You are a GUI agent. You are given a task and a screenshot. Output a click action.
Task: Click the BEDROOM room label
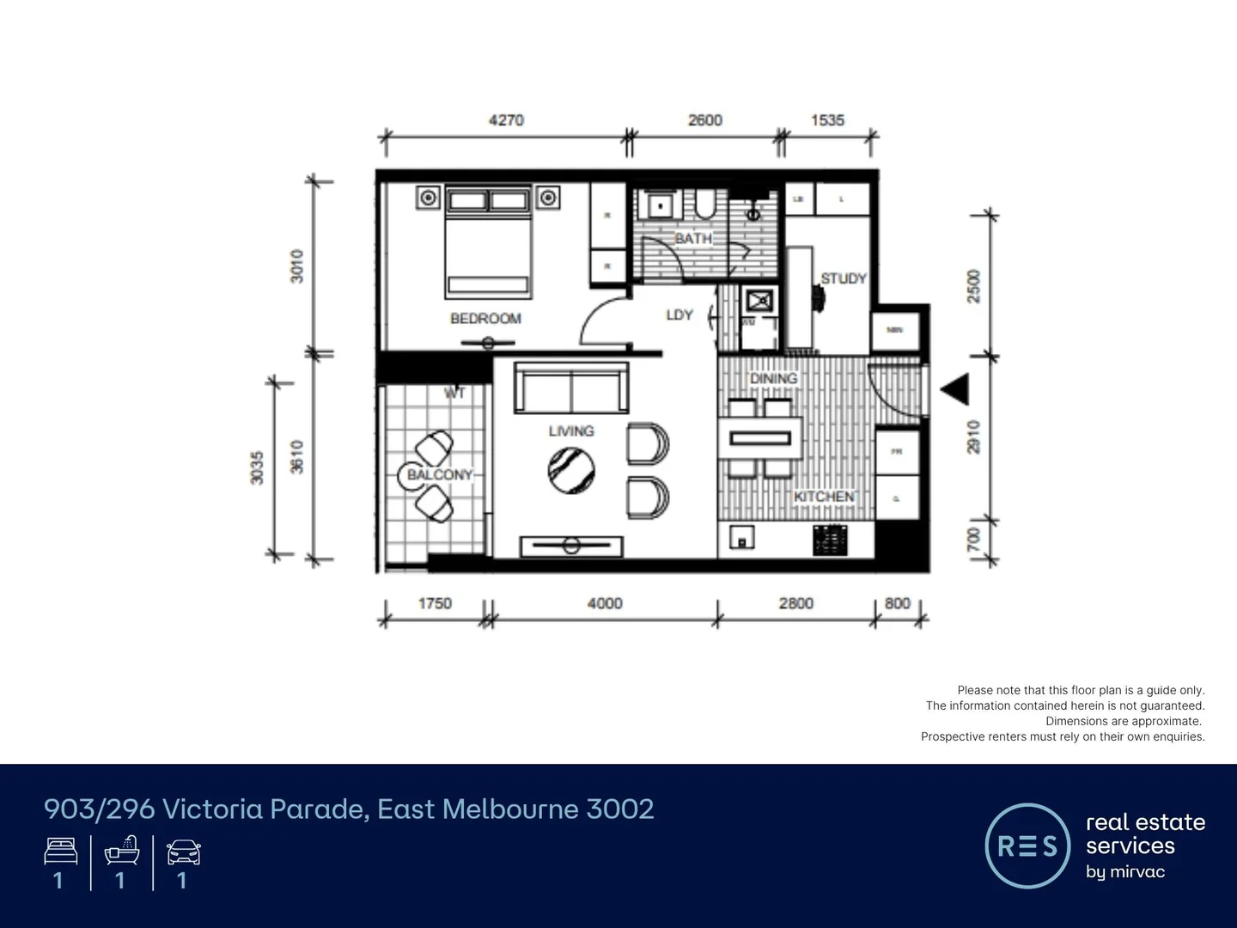[485, 319]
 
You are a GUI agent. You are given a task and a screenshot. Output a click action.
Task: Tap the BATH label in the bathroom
[693, 238]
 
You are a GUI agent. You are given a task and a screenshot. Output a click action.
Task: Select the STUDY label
[843, 278]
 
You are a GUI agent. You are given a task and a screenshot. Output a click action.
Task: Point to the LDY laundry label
[679, 315]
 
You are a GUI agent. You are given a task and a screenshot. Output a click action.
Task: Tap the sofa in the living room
[571, 388]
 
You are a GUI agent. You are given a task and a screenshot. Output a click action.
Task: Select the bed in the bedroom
[488, 241]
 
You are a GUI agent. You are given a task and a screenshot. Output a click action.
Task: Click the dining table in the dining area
[760, 438]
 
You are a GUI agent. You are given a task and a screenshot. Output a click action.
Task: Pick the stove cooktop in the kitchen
[830, 540]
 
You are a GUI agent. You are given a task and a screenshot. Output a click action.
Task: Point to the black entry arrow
[956, 389]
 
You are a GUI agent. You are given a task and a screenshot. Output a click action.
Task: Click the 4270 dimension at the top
[506, 120]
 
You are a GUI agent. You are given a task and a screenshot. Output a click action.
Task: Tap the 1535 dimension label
[827, 120]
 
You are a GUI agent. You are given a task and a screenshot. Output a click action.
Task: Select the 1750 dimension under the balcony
[435, 603]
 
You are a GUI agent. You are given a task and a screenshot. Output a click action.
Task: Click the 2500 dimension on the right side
[973, 286]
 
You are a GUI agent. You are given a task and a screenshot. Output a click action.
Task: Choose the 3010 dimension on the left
[296, 266]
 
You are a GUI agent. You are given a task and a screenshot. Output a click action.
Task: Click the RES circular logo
[1027, 846]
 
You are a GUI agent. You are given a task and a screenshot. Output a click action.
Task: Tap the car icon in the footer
[183, 852]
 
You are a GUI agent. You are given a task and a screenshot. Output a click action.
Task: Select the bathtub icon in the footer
[122, 851]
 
